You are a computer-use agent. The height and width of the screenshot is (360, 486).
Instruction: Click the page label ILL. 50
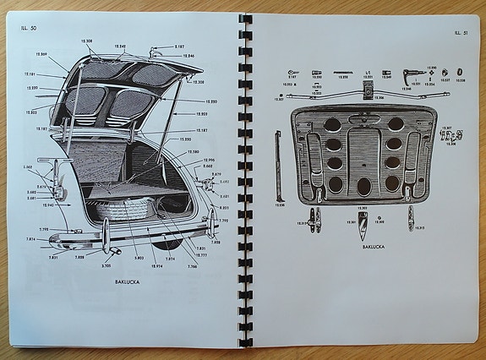(x=28, y=30)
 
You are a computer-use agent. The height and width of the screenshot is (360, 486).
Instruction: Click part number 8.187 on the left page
(x=179, y=47)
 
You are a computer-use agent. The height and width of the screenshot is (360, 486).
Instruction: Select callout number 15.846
(x=188, y=56)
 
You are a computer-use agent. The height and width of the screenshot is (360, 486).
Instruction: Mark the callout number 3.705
(x=106, y=265)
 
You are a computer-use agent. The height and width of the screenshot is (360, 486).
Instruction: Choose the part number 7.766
(x=191, y=267)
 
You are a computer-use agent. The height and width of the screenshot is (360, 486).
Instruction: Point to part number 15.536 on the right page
(x=280, y=204)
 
